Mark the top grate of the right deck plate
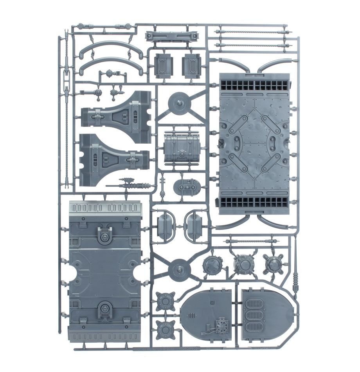(256, 85)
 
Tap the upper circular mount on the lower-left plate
(104, 237)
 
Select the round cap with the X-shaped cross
(212, 266)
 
